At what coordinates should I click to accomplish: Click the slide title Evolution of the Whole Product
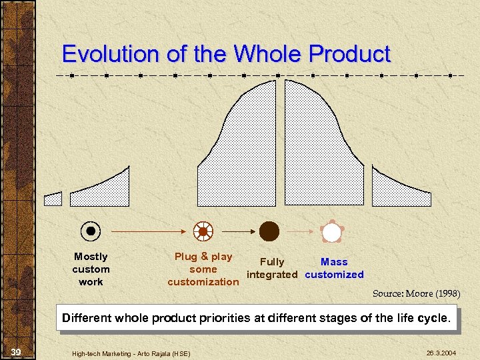pos(226,54)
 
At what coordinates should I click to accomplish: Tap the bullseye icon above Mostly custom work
pos(91,231)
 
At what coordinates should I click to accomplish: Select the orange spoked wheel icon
pos(203,231)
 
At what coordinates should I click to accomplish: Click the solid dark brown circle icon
pos(269,231)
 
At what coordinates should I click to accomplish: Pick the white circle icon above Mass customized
pos(331,231)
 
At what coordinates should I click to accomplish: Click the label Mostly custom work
pos(91,269)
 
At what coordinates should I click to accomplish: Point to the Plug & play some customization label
pos(203,269)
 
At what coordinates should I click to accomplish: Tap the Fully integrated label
pos(271,268)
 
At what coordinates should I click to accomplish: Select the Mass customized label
pos(334,268)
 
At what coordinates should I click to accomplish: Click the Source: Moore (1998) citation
pos(416,293)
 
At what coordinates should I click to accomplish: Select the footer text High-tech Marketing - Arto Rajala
pos(131,353)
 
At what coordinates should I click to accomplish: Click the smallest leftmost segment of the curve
pos(53,199)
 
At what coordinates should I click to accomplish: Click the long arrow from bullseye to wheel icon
pos(147,231)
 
